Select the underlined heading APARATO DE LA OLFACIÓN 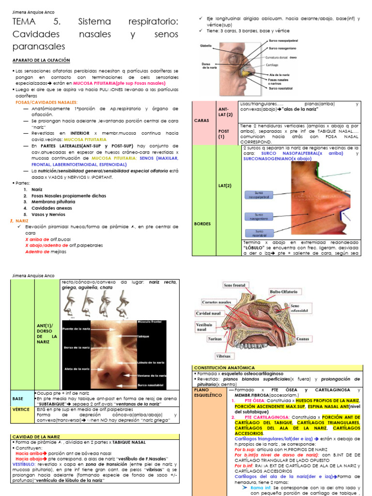(41, 60)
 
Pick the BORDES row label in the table (202, 223)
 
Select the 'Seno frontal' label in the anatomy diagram (235, 286)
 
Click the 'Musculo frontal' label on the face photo (152, 322)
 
